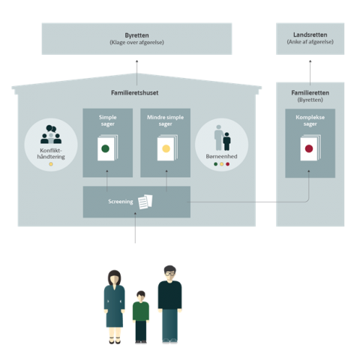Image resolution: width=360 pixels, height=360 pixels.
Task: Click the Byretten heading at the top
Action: (x=136, y=35)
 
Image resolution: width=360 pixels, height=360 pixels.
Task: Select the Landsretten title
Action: (x=310, y=34)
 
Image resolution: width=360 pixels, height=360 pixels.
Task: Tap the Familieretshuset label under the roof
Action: (x=135, y=93)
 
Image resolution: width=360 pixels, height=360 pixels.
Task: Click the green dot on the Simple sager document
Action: (x=105, y=148)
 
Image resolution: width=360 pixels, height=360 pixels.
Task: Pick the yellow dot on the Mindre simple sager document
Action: (x=166, y=148)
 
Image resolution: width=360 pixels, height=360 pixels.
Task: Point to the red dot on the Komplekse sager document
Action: (x=309, y=148)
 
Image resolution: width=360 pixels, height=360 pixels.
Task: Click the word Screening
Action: (x=121, y=202)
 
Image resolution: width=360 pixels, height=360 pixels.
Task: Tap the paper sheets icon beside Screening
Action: (x=145, y=202)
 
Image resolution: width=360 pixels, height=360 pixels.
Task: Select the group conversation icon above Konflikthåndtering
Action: (x=51, y=134)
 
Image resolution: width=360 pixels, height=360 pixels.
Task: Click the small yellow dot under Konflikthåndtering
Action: (x=51, y=164)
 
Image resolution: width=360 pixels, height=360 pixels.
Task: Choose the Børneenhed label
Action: (x=221, y=157)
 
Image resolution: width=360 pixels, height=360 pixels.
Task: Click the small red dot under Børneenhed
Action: (x=227, y=164)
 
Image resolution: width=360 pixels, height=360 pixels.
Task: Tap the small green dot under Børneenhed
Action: (x=215, y=164)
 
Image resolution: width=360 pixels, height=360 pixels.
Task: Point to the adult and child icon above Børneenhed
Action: (x=222, y=138)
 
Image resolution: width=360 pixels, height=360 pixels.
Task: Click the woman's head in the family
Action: (x=114, y=277)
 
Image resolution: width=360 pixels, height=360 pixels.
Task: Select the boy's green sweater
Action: (x=141, y=311)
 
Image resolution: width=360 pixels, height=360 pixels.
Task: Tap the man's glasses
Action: (x=170, y=274)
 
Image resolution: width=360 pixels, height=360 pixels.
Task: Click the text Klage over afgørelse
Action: (x=136, y=43)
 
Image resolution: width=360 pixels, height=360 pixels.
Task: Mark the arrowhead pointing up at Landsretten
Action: (x=310, y=61)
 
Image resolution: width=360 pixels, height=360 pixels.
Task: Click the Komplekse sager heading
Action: (x=310, y=121)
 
